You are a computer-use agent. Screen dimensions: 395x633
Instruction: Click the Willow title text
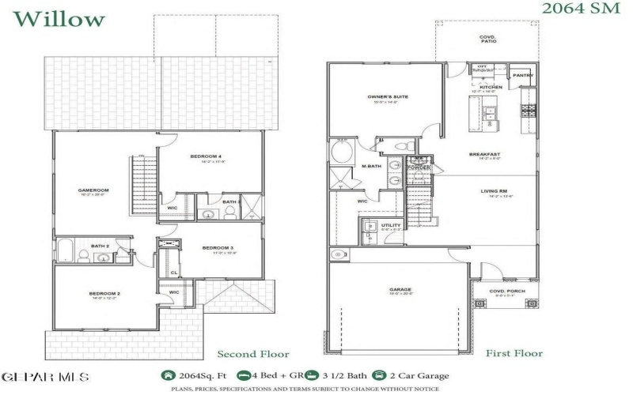click(x=59, y=17)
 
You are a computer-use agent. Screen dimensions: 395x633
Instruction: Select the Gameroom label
click(x=93, y=190)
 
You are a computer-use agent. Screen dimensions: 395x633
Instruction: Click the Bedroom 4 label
click(x=206, y=156)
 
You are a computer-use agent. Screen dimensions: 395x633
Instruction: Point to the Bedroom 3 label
click(x=217, y=248)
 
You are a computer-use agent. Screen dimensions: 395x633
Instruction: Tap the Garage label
click(x=400, y=290)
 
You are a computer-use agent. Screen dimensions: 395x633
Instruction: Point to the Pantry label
click(x=523, y=76)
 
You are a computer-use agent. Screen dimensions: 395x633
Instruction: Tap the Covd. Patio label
click(x=487, y=39)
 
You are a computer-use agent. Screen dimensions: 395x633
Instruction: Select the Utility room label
click(x=391, y=225)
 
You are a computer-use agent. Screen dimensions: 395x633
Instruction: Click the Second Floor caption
click(x=252, y=354)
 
